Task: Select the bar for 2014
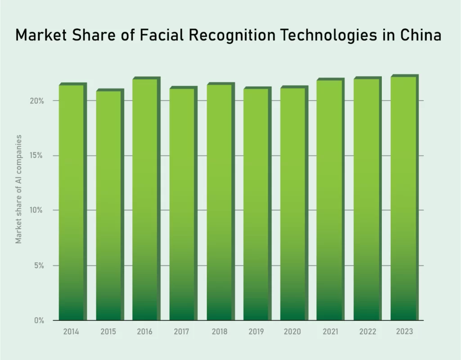71,203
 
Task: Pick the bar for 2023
403,198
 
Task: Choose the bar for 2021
329,200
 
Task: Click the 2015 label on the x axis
108,332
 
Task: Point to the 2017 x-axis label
182,332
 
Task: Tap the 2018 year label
219,332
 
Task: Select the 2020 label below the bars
292,332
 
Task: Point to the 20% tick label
37,101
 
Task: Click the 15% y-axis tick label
37,156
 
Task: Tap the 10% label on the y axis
37,210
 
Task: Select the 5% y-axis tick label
39,266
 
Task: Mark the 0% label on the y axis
39,321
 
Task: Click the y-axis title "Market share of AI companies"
19,189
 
